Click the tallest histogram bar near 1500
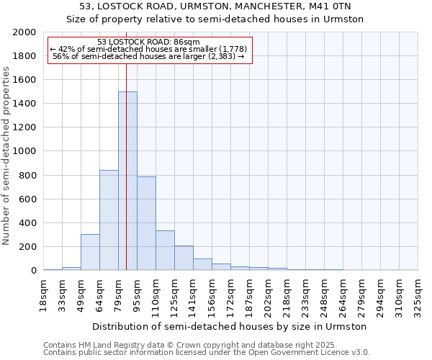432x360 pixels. point(127,180)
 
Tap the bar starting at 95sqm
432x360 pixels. point(146,223)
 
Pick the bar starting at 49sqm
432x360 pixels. point(90,252)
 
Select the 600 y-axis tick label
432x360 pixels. point(28,199)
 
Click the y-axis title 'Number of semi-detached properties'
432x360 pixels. point(6,156)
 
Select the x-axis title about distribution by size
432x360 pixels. point(230,326)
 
